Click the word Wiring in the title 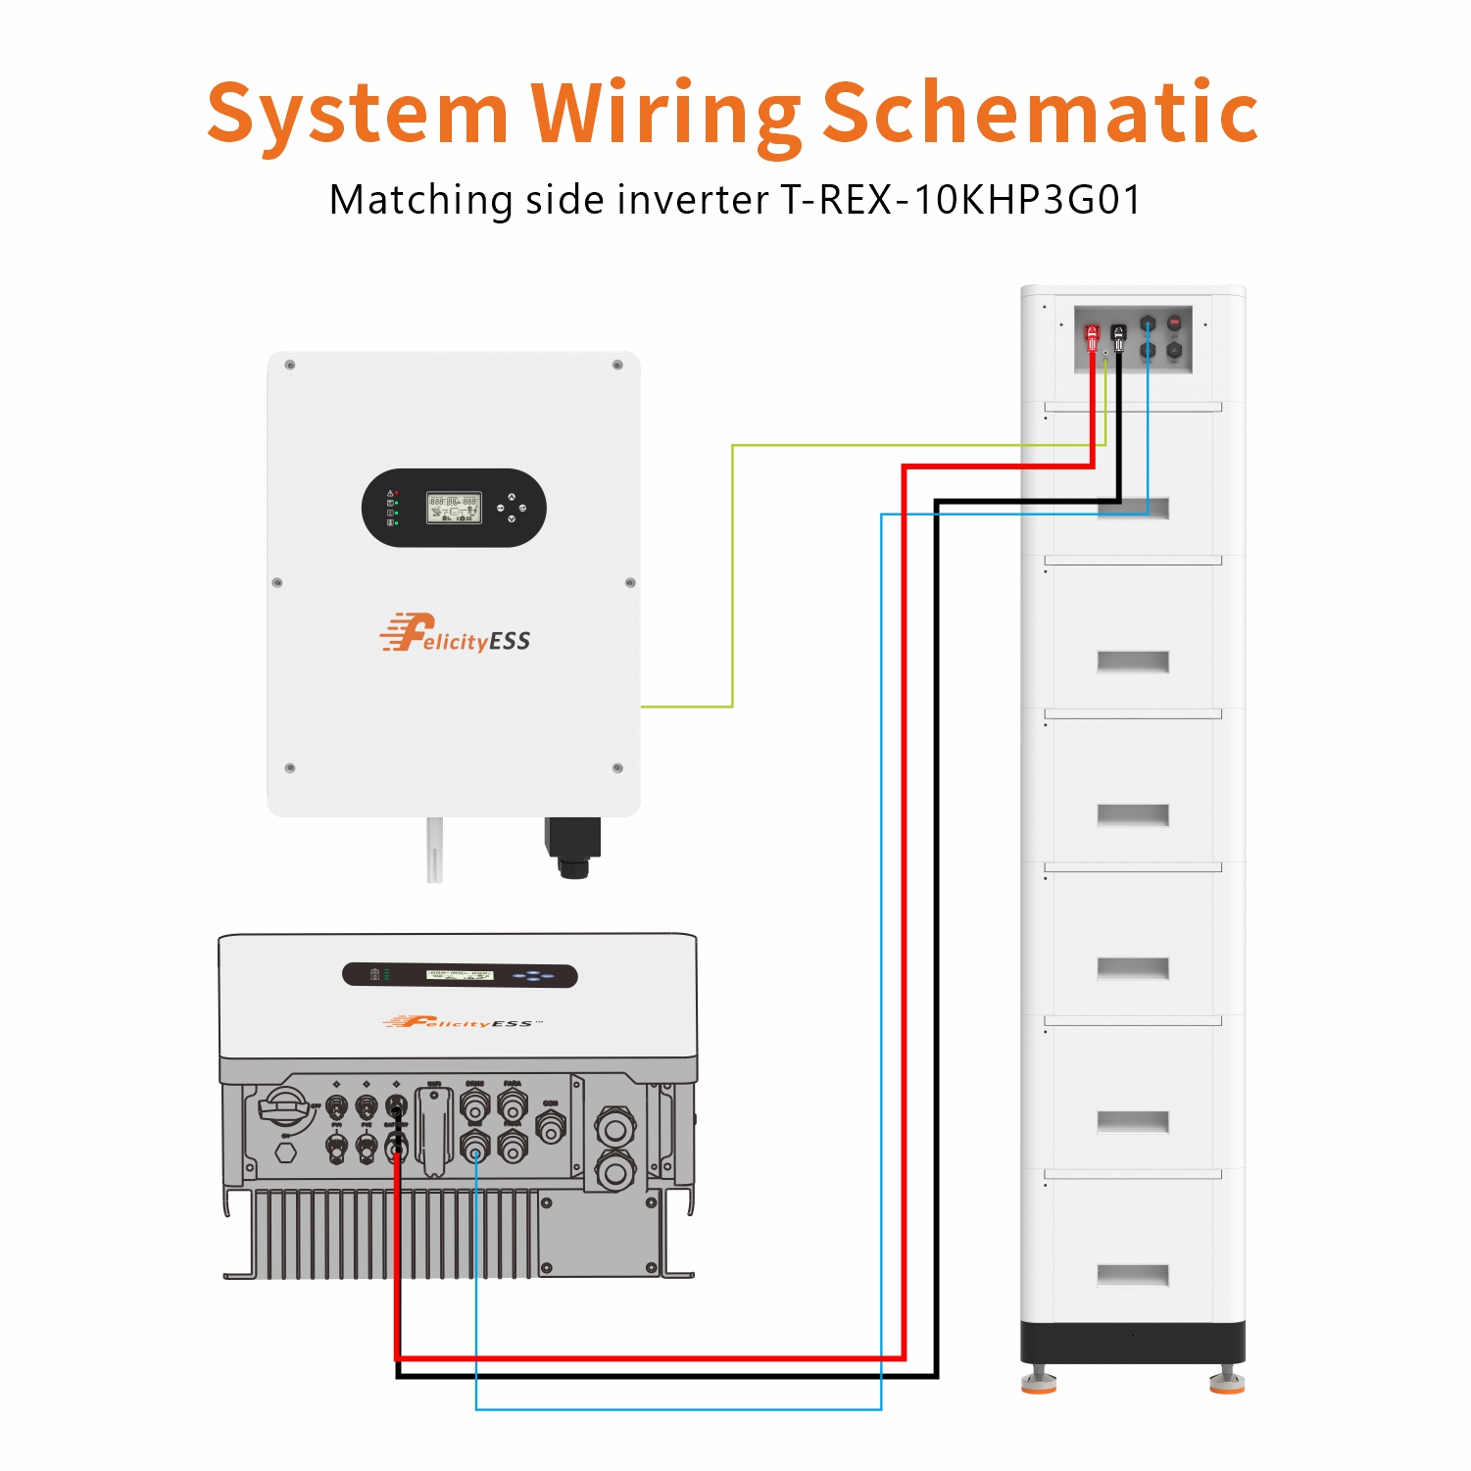click(665, 114)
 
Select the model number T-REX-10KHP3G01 click(960, 200)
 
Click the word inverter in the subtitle click(692, 200)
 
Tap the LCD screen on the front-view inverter click(454, 508)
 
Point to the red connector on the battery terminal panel click(1092, 336)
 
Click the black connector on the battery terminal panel click(1119, 336)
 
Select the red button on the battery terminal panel click(1174, 322)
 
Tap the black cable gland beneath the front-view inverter click(573, 849)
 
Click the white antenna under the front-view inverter click(434, 850)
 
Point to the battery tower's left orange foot click(1039, 1383)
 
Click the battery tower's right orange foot click(1226, 1383)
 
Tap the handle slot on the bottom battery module click(1133, 1275)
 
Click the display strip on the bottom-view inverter click(460, 975)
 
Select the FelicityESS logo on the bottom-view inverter click(461, 1022)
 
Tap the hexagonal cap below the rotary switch click(285, 1152)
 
